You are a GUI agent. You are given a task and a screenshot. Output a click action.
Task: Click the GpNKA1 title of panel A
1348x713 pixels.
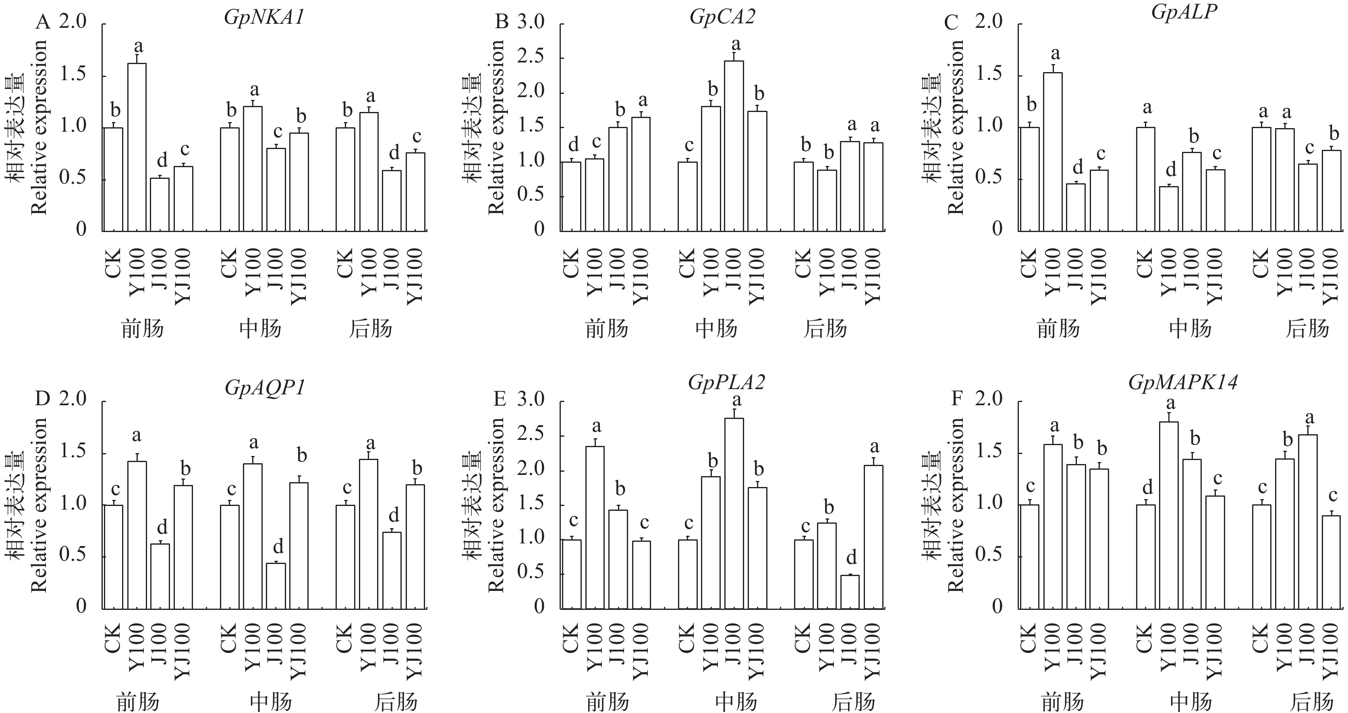(x=264, y=18)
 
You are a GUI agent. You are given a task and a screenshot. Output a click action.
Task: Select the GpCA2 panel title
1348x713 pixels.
(x=722, y=18)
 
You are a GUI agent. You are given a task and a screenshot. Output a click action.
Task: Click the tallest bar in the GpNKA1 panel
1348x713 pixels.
(x=137, y=147)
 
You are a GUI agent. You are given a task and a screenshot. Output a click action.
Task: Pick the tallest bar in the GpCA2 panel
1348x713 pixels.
(x=734, y=145)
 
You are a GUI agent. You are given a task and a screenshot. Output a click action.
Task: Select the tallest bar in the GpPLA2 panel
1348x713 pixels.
(x=734, y=513)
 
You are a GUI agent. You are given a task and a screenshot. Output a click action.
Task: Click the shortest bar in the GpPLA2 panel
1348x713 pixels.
(x=850, y=592)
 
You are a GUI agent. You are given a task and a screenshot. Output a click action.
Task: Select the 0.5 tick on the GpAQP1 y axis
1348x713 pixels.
(x=73, y=555)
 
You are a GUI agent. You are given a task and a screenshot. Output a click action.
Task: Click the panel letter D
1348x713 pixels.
(x=42, y=399)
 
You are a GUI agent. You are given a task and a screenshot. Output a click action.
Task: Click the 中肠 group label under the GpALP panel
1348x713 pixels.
(x=1190, y=329)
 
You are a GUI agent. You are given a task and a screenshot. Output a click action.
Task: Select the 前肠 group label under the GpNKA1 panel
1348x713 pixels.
(x=142, y=329)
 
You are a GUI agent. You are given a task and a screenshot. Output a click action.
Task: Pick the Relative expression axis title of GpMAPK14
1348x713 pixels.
(x=956, y=505)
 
